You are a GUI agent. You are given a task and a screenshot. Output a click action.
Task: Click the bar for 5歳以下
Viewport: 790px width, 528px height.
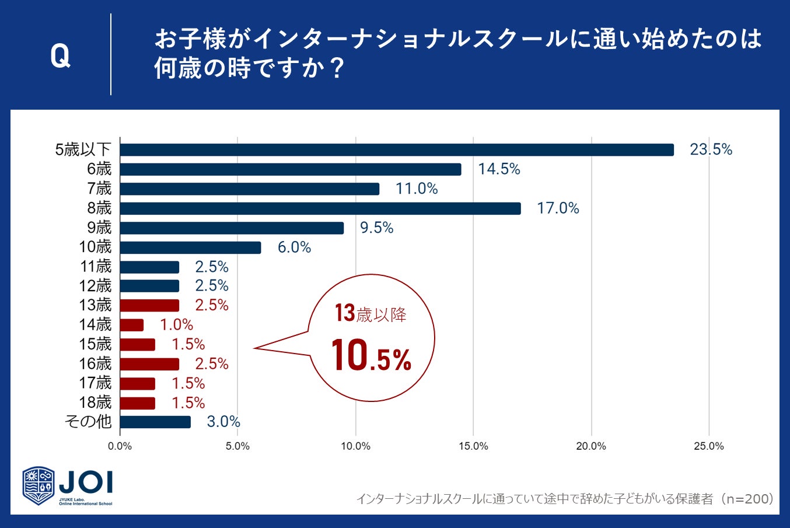coord(397,150)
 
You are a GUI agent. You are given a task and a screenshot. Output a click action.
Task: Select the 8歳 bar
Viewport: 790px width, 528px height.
coord(320,208)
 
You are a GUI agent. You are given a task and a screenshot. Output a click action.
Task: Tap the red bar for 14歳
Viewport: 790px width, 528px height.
coord(132,325)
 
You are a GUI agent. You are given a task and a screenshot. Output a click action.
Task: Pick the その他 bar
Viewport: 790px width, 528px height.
coord(155,422)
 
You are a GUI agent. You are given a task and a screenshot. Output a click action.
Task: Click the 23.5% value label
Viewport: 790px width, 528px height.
coord(711,150)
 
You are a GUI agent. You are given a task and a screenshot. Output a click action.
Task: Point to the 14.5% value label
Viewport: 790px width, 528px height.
coord(499,169)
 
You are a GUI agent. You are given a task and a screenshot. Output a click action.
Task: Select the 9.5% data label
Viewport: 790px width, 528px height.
coord(376,228)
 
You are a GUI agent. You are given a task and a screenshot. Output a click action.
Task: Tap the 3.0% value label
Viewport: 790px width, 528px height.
coord(223,422)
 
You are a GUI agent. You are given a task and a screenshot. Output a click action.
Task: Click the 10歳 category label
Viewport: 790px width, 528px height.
coord(95,247)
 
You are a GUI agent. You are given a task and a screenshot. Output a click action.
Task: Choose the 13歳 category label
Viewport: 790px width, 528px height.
coord(95,305)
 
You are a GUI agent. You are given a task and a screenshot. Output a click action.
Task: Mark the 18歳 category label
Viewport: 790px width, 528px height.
coord(95,403)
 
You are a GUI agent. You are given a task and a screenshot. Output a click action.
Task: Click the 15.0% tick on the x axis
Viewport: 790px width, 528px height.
coord(473,446)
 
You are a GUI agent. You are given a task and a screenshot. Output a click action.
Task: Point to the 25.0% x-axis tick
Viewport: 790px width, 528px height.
coord(709,446)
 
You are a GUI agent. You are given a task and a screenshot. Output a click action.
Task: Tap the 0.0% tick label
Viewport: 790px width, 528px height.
coord(120,446)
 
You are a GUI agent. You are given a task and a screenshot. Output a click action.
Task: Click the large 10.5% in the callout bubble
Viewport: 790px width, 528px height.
coord(371,356)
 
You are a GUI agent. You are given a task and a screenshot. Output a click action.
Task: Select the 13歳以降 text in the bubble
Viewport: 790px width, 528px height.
coord(370,314)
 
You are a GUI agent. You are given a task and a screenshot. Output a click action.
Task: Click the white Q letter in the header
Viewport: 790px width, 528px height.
coord(60,56)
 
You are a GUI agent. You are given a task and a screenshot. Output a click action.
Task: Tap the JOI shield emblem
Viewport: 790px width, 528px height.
coord(39,485)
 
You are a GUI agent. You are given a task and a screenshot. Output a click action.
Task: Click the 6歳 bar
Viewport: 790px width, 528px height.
coord(291,169)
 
